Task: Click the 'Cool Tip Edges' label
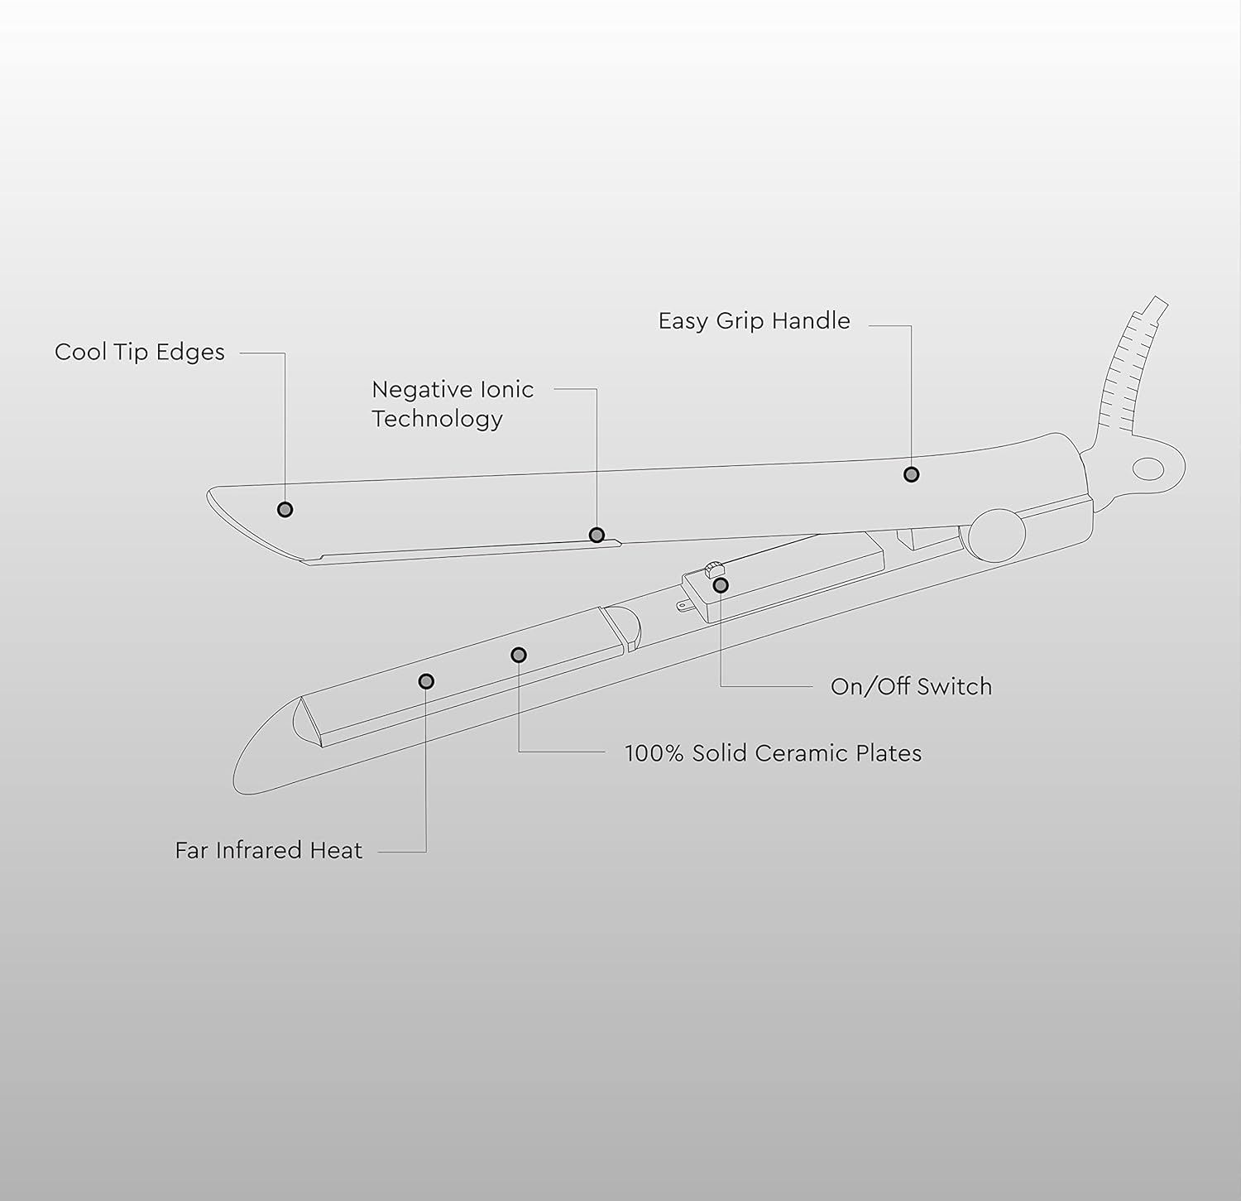click(140, 353)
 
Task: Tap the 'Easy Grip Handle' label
click(755, 321)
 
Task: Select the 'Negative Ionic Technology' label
click(453, 404)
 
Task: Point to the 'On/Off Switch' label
click(911, 687)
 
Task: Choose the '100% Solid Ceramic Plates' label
click(773, 753)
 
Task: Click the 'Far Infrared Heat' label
click(269, 851)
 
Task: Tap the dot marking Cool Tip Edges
click(285, 510)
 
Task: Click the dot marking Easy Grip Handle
click(911, 474)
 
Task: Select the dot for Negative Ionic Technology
click(597, 536)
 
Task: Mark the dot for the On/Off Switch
click(721, 585)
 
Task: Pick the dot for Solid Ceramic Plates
click(519, 656)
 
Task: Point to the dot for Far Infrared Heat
click(426, 681)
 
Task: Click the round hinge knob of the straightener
click(997, 536)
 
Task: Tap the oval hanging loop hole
click(1148, 469)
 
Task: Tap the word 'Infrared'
click(261, 851)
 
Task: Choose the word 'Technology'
click(437, 419)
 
